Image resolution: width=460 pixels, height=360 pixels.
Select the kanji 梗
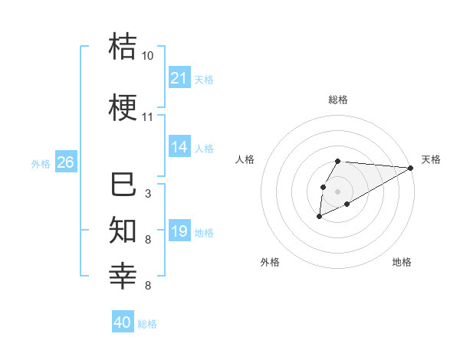click(123, 107)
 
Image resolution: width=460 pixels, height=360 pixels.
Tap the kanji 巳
click(123, 185)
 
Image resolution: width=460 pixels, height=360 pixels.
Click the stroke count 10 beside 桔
click(148, 56)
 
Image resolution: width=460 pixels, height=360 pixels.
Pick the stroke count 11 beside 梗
click(148, 117)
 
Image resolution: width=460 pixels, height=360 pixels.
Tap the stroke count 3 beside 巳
click(148, 194)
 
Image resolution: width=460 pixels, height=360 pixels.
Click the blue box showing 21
click(179, 78)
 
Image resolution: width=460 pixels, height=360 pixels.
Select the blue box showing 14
click(179, 147)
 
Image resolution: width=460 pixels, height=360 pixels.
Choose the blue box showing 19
click(179, 231)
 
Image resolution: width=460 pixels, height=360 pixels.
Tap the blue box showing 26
click(65, 162)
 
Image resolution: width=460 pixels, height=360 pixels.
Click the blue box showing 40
click(123, 322)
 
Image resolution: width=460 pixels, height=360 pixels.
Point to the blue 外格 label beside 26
click(41, 163)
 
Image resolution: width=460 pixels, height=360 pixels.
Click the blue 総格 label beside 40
click(148, 324)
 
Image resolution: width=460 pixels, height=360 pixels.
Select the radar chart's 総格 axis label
click(337, 100)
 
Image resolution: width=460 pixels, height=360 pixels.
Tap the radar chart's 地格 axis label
click(402, 262)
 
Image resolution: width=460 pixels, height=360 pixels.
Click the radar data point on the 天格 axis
click(410, 168)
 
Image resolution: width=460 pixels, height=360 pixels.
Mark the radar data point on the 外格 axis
click(319, 217)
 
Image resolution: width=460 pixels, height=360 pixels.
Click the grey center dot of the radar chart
click(337, 190)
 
